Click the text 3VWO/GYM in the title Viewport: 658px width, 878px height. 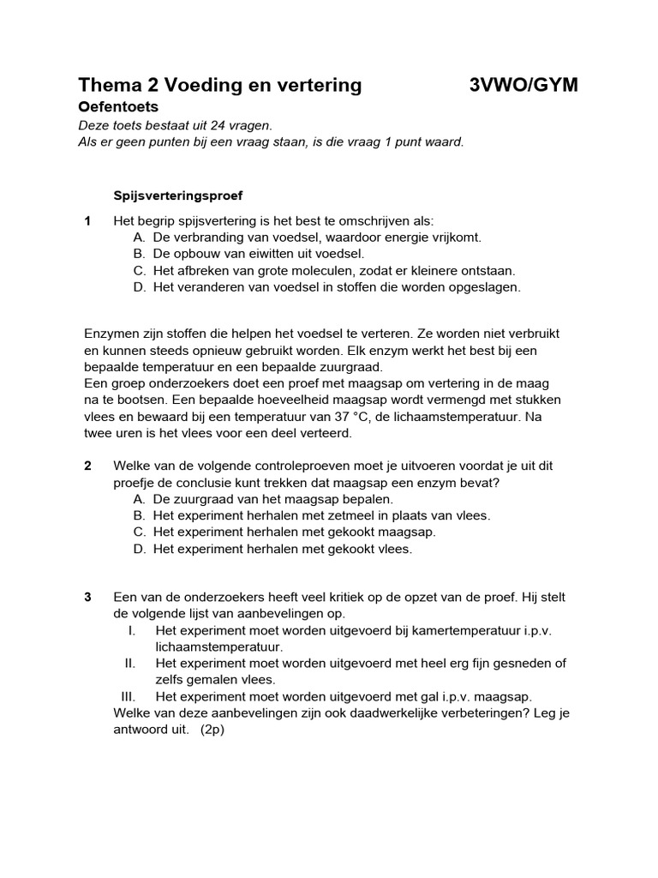point(523,85)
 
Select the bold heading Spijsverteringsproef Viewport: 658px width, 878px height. point(179,195)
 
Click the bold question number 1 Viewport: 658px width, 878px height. point(88,221)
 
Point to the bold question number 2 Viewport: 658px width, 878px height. point(88,466)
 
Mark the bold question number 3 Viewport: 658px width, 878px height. point(88,597)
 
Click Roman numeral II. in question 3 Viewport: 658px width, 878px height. point(130,663)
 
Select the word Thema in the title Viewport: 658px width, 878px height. point(108,85)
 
